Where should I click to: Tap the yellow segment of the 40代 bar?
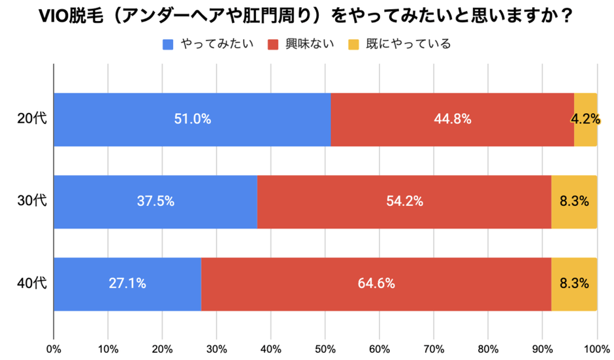pyautogui.click(x=574, y=284)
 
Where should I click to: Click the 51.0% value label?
pyautogui.click(x=192, y=120)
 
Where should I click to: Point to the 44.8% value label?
pyautogui.click(x=453, y=120)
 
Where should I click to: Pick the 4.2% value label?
pyautogui.click(x=585, y=120)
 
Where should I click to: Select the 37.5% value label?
pyautogui.click(x=155, y=202)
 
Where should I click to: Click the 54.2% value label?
pyautogui.click(x=404, y=202)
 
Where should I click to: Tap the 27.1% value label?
pyautogui.click(x=127, y=284)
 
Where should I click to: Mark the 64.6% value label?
pyautogui.click(x=376, y=284)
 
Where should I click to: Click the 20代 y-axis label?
pyautogui.click(x=29, y=120)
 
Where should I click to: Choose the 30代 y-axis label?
pyautogui.click(x=29, y=202)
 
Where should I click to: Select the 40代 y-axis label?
pyautogui.click(x=29, y=284)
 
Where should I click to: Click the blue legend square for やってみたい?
pyautogui.click(x=168, y=44)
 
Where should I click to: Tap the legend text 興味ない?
pyautogui.click(x=308, y=44)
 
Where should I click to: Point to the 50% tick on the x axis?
pyautogui.click(x=325, y=348)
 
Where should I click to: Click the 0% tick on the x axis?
pyautogui.click(x=54, y=348)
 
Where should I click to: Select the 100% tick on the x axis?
pyautogui.click(x=596, y=348)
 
